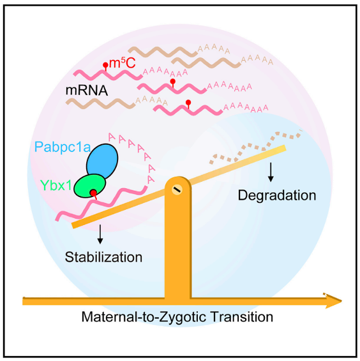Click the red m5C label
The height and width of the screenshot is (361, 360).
(122, 63)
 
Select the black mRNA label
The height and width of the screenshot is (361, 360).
(87, 91)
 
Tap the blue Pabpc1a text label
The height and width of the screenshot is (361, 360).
(62, 147)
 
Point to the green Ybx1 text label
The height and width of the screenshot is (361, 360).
(56, 185)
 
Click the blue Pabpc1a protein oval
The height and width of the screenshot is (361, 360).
(102, 161)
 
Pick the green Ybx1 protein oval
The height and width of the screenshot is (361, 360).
(89, 186)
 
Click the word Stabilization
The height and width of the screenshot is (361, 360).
(103, 257)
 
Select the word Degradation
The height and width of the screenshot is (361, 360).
(277, 195)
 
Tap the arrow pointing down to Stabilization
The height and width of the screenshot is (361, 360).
(100, 234)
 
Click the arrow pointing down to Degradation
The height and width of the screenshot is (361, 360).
(271, 172)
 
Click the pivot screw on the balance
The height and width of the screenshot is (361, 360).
(177, 189)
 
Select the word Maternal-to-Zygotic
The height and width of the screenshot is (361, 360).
(144, 317)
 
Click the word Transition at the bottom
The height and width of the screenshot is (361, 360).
(242, 316)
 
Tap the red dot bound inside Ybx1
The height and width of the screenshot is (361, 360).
(93, 193)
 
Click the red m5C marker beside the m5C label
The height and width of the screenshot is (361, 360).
(105, 67)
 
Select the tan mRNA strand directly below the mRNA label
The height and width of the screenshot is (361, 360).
(100, 103)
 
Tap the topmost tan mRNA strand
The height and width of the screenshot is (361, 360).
(163, 52)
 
